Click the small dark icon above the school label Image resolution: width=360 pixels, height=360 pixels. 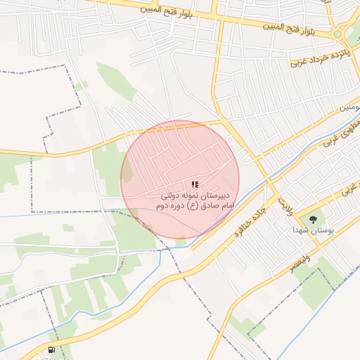195,184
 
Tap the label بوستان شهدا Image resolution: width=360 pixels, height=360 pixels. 314,230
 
